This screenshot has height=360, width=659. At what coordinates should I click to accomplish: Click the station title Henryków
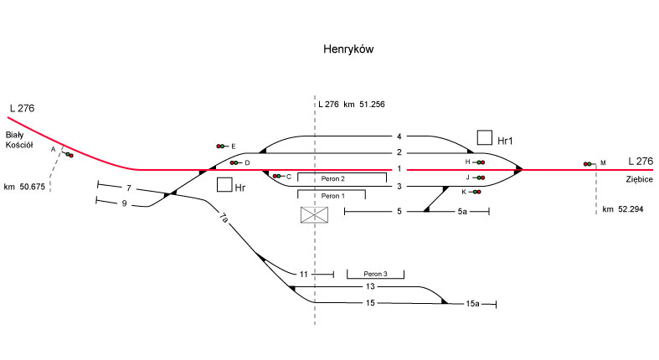tap(348, 50)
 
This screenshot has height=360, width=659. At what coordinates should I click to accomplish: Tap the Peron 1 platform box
tap(332, 195)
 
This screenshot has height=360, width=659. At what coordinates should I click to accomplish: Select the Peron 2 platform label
tap(332, 178)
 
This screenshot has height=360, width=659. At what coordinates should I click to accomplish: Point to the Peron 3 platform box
tap(374, 274)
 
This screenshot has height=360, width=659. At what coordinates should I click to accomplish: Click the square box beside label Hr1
tap(484, 137)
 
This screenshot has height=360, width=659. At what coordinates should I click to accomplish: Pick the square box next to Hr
tap(224, 185)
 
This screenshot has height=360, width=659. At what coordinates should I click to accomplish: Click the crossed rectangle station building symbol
tap(315, 215)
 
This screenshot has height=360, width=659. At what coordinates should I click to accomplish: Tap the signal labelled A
tap(67, 154)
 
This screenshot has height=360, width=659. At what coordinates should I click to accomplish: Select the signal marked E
tap(222, 146)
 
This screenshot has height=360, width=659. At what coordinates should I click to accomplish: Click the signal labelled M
tap(590, 163)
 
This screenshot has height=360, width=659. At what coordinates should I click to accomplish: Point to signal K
tap(476, 192)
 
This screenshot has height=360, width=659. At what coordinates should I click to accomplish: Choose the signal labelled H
tap(480, 162)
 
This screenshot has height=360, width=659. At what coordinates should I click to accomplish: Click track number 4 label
tap(400, 136)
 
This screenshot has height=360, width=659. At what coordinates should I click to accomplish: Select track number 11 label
tap(304, 274)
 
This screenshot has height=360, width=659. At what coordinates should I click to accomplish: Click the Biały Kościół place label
tap(18, 140)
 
